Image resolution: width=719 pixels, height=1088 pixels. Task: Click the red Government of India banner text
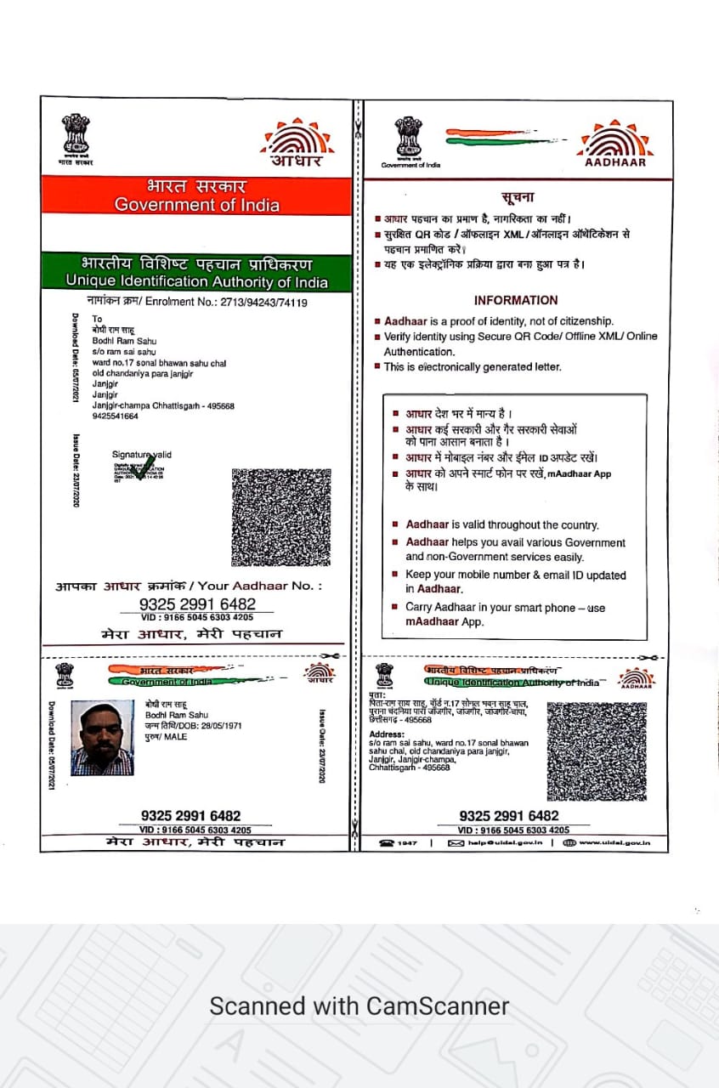point(196,205)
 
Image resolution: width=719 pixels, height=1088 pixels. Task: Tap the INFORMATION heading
point(516,300)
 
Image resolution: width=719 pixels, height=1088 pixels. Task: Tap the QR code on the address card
point(597,751)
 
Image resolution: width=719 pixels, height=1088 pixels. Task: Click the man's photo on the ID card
point(103,737)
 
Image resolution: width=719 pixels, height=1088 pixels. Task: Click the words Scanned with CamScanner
point(359,1006)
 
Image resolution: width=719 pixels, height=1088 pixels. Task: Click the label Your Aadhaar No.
point(260,586)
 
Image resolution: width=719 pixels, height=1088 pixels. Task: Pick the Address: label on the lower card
point(387,734)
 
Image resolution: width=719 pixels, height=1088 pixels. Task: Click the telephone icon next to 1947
point(387,842)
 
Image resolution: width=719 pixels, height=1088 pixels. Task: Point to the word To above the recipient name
point(97,319)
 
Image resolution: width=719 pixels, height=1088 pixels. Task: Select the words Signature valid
point(141,455)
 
